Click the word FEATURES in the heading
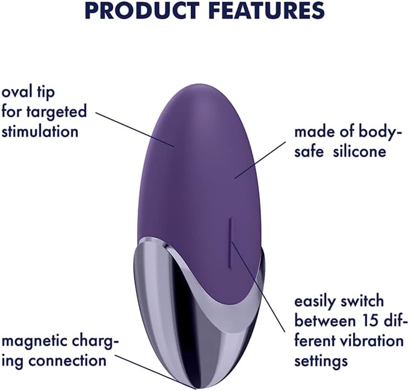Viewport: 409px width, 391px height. point(267,11)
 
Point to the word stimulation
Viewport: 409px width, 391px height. point(40,132)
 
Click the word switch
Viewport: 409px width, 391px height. point(366,302)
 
